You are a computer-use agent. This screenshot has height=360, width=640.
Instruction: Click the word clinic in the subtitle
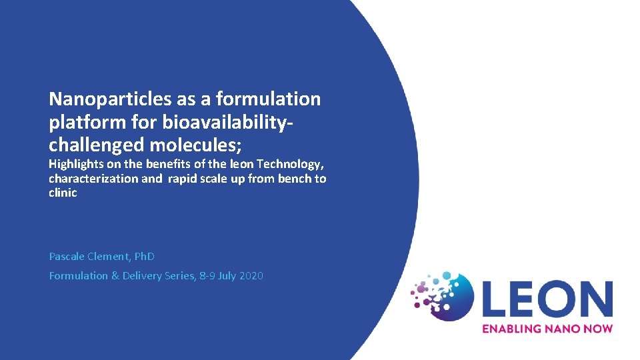click(x=63, y=193)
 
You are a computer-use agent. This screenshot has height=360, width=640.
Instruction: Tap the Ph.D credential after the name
click(x=145, y=256)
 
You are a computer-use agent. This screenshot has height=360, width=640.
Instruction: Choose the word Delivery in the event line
click(x=143, y=275)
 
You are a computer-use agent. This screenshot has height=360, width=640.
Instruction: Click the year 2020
click(x=250, y=275)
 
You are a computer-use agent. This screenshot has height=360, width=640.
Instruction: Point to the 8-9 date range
click(x=207, y=275)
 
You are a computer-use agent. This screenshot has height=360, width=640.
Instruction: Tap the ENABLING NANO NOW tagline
click(x=547, y=328)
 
